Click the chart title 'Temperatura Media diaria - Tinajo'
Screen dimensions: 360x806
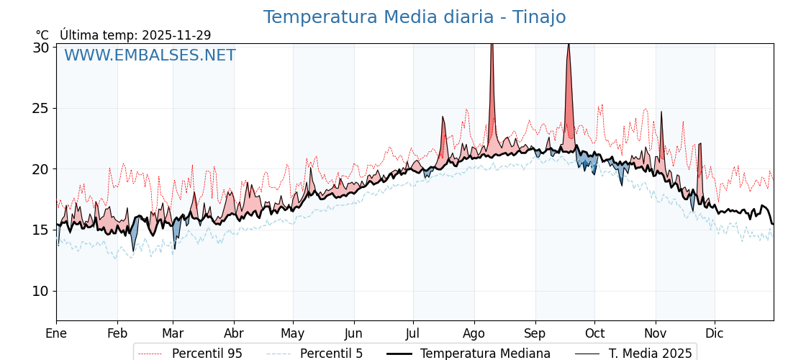(414, 17)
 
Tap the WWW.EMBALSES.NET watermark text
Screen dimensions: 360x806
(150, 55)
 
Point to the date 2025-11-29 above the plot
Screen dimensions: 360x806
(176, 35)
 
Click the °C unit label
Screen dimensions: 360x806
(42, 35)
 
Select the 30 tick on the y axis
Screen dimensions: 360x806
(41, 48)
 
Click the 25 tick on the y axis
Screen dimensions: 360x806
(41, 109)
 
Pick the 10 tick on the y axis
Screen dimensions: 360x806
(41, 291)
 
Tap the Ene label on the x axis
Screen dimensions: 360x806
(56, 333)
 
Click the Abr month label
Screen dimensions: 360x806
(234, 333)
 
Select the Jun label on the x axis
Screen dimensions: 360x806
(354, 333)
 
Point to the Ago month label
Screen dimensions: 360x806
(474, 333)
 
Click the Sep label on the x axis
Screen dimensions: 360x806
(535, 333)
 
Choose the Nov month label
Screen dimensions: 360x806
(656, 333)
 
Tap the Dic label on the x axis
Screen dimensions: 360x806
(715, 333)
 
